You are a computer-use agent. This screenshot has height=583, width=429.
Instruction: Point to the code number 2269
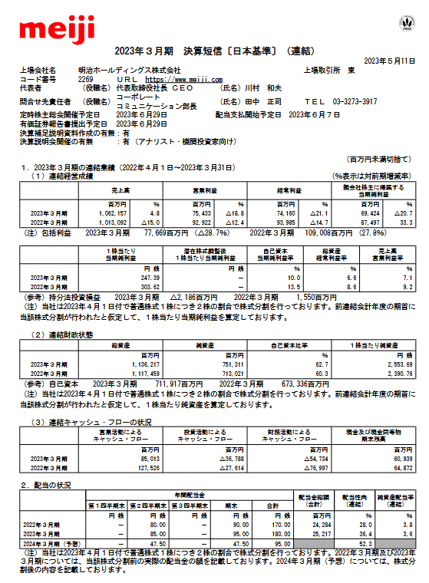[x=86, y=79]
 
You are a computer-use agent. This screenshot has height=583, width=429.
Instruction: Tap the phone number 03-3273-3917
[x=349, y=101]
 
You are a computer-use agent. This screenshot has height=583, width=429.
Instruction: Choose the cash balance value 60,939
[x=394, y=458]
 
